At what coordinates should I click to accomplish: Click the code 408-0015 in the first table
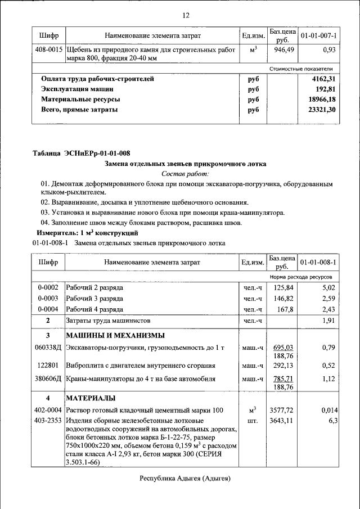tap(48, 50)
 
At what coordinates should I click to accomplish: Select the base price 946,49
tap(281, 50)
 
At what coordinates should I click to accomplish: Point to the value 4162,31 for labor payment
tap(323, 79)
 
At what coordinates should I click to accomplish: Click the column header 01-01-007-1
tap(318, 36)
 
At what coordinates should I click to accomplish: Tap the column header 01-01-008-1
tap(318, 262)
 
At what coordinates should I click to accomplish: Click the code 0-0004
tap(48, 309)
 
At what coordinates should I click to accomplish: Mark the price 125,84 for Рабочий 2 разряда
tap(284, 288)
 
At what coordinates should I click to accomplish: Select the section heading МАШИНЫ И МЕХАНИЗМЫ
tap(115, 336)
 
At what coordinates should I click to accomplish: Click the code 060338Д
tap(48, 348)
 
